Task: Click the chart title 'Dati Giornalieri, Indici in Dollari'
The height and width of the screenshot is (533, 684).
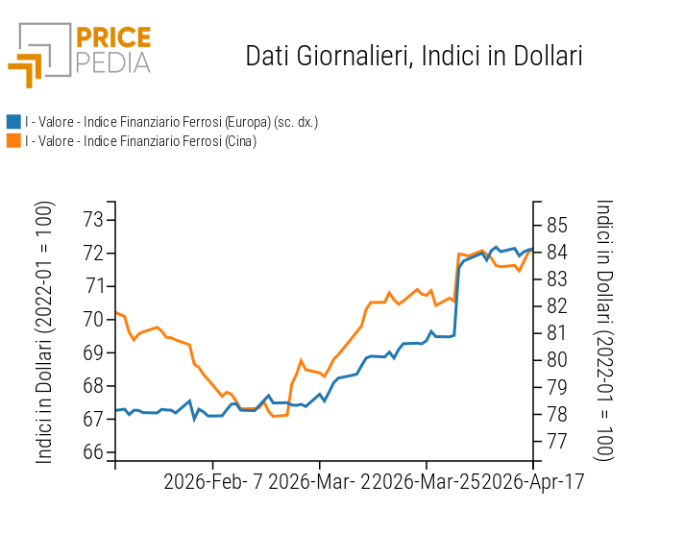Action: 414,56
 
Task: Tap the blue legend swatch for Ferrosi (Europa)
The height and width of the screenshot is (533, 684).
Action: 13,122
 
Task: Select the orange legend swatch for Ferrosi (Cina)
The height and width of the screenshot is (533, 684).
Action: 13,141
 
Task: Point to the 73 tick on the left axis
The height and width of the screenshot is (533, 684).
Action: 92,220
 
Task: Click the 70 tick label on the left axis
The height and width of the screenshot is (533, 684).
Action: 92,319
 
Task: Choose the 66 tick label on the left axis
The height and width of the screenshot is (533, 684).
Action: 92,452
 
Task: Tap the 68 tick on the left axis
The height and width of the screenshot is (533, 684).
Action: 92,386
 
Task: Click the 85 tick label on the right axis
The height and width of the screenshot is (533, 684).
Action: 557,226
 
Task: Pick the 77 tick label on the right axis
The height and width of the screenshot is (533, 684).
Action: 557,442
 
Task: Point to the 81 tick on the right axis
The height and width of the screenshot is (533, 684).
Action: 557,333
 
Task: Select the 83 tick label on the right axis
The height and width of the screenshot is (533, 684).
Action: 557,279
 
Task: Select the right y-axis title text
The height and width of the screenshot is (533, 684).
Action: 604,330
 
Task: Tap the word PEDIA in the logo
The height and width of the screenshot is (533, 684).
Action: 113,62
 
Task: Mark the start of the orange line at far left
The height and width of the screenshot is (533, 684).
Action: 116,312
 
